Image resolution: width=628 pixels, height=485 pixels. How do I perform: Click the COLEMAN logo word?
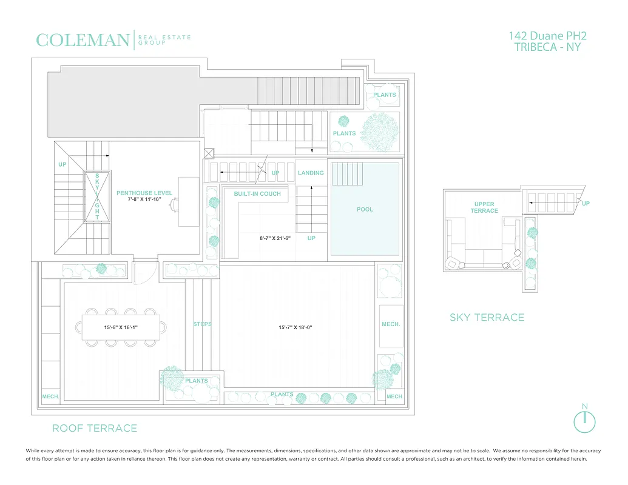[x=83, y=41]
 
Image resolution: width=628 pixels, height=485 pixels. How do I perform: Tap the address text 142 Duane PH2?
[x=548, y=36]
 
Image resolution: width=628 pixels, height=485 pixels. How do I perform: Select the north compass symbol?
[x=584, y=421]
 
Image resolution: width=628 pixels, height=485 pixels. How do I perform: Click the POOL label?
[x=365, y=210]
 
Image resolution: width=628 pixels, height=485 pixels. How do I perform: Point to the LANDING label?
[x=311, y=173]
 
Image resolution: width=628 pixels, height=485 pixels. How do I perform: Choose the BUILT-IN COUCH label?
[x=257, y=194]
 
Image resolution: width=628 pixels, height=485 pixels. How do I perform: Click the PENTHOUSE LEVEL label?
[x=144, y=193]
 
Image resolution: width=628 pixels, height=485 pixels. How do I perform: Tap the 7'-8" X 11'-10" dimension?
[x=144, y=199]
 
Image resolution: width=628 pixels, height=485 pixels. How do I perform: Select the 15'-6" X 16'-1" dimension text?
[x=121, y=327]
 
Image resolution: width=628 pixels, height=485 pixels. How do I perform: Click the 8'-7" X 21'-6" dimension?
[x=275, y=238]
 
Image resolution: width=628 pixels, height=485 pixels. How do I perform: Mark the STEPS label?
[x=202, y=324]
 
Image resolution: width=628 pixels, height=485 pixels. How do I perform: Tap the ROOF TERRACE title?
[x=95, y=428]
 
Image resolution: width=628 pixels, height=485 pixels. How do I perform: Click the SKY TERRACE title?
[x=487, y=317]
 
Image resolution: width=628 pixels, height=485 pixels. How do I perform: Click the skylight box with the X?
[x=97, y=197]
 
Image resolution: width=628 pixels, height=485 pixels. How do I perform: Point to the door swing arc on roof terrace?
[x=144, y=274]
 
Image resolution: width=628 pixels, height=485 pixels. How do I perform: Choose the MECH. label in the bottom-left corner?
[x=50, y=397]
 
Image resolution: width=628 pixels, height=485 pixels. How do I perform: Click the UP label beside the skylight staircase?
[x=62, y=164]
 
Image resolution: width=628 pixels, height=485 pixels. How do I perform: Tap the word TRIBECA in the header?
[x=532, y=47]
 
